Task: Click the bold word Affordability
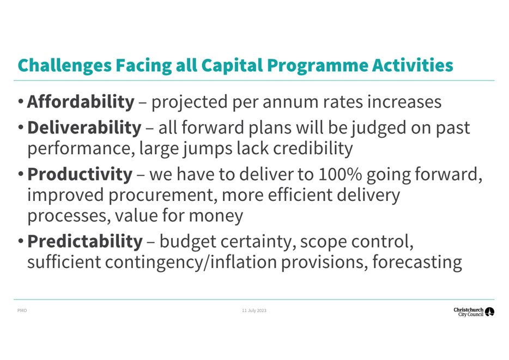tap(81, 102)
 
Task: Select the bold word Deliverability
tap(84, 127)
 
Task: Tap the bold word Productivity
tap(80, 174)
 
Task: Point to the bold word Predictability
tap(85, 242)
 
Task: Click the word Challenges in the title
tap(65, 66)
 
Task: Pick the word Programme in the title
tap(318, 66)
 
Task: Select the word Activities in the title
tap(413, 65)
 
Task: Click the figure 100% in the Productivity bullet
tap(340, 174)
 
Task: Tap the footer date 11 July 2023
tap(254, 310)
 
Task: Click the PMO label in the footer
tap(22, 310)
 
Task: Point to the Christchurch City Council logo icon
tap(489, 312)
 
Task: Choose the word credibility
tap(313, 149)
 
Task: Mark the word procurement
tap(162, 195)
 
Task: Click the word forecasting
tap(417, 263)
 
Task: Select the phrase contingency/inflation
tap(191, 263)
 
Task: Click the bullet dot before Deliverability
tap(21, 127)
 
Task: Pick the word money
tap(216, 216)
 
